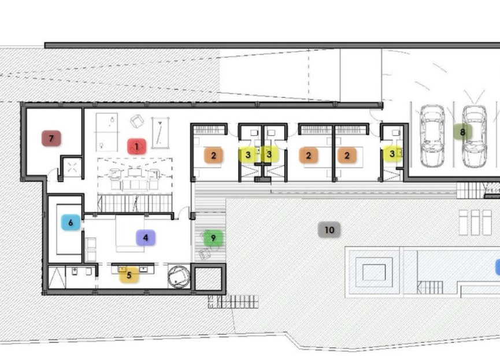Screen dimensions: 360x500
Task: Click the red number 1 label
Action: click(136, 146)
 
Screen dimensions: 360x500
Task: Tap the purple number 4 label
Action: click(146, 237)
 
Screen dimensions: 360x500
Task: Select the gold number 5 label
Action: click(128, 275)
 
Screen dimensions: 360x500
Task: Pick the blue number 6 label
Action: click(71, 222)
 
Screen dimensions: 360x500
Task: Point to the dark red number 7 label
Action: click(51, 138)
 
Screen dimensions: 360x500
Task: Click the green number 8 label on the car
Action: click(462, 132)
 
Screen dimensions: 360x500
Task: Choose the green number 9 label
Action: click(213, 237)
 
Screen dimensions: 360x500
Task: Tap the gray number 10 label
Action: click(329, 230)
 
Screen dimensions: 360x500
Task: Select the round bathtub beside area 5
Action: click(178, 275)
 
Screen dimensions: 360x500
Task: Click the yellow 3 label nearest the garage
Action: click(392, 154)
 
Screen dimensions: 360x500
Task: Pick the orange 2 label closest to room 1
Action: click(213, 155)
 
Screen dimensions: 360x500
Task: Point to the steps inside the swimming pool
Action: click(429, 287)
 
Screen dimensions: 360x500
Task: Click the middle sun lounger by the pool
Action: click(475, 222)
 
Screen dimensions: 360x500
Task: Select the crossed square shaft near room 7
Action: click(72, 169)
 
